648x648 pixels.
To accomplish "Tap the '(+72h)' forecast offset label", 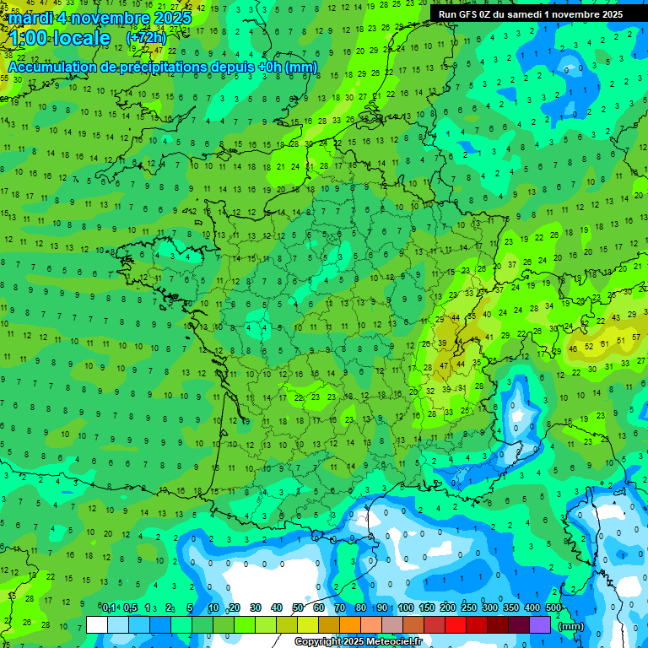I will [146, 38].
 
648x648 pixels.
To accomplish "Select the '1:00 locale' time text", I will [61, 38].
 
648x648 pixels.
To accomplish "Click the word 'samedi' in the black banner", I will [523, 14].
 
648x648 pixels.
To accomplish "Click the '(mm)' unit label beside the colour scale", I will [571, 626].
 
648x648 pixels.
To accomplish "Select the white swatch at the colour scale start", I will [97, 624].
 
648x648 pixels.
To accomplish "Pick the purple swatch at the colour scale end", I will [540, 624].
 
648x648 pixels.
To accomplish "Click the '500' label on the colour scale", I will [553, 607].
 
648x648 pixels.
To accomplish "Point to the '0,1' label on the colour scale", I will [110, 607].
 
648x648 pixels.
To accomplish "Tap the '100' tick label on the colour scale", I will [406, 607].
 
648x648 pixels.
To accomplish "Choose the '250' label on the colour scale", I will [469, 607].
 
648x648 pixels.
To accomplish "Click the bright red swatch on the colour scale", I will [456, 624].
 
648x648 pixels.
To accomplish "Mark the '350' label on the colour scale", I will [511, 607].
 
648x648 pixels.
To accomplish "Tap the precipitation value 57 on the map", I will [622, 339].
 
